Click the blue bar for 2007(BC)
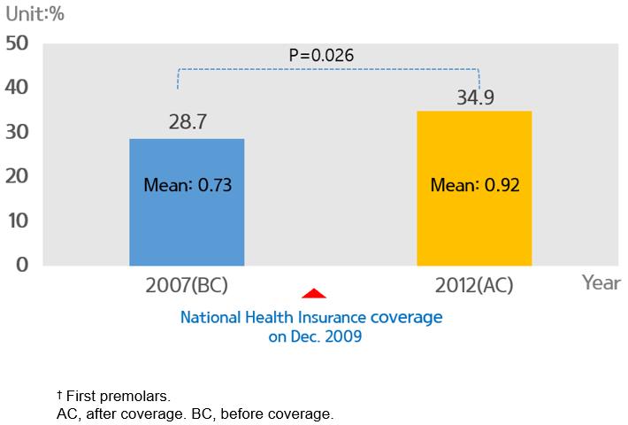(x=187, y=221)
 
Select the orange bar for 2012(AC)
(x=474, y=221)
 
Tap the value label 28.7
(x=188, y=123)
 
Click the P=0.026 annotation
(x=322, y=56)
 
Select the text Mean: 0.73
(x=187, y=186)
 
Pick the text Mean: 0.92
(x=474, y=186)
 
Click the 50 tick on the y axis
(x=18, y=42)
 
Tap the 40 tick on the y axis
(x=18, y=87)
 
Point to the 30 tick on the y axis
(x=18, y=131)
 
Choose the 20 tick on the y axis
(x=18, y=175)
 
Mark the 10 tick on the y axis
(x=18, y=220)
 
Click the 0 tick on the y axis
(x=23, y=264)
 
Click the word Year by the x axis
(x=601, y=283)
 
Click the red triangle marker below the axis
(x=314, y=293)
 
